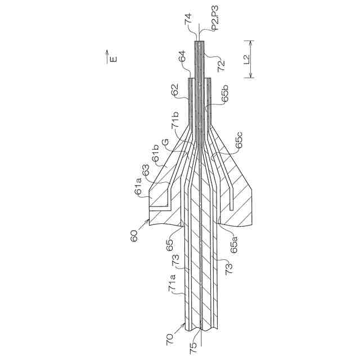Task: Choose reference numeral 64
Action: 182,57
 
